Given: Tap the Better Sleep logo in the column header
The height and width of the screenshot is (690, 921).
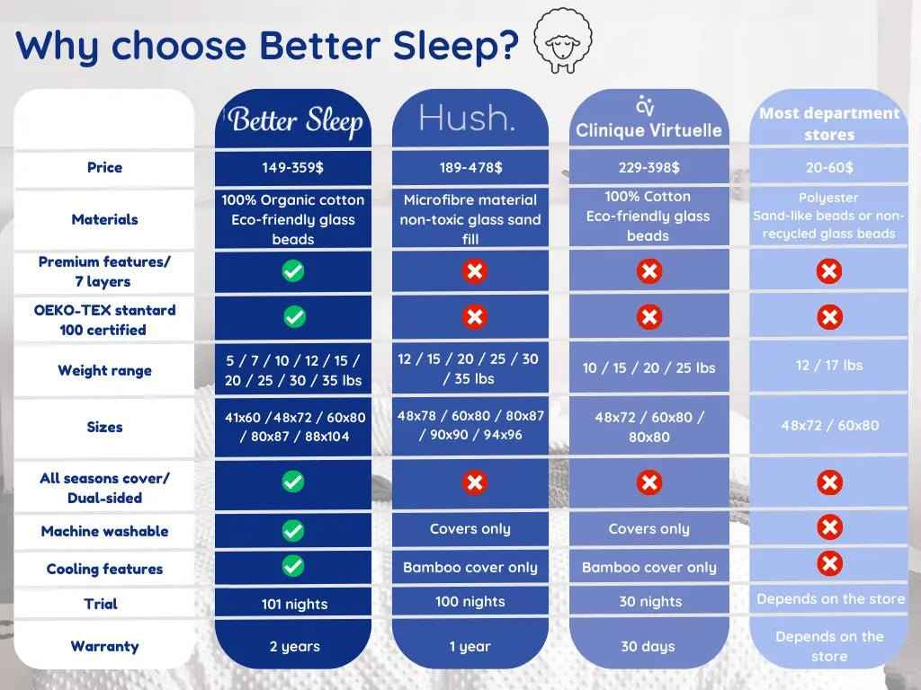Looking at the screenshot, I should tap(294, 121).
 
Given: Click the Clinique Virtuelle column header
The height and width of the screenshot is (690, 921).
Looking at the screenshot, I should tap(648, 121).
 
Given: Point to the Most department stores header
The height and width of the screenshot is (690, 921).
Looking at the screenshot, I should tap(828, 124).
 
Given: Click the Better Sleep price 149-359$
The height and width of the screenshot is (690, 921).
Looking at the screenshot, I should tap(294, 168).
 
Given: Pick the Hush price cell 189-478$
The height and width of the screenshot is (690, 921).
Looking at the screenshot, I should tap(470, 168).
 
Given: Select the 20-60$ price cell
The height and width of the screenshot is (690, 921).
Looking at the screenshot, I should tap(828, 168).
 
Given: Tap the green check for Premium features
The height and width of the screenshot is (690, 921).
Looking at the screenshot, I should tap(293, 270).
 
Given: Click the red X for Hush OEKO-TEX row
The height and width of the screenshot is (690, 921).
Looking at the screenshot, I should tap(475, 317).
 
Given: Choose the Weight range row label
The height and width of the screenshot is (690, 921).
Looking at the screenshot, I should tap(104, 370).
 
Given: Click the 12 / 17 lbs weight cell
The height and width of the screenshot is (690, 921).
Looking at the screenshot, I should tap(828, 366).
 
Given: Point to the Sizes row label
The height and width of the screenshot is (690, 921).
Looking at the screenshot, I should tap(104, 427).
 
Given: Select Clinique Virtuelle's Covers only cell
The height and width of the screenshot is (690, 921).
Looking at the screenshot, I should tap(648, 529).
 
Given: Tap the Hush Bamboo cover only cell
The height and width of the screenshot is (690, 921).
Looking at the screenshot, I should tap(470, 568).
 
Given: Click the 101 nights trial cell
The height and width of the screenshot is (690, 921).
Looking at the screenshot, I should tap(294, 604).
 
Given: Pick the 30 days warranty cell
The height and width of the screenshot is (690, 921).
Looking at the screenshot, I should tap(647, 646).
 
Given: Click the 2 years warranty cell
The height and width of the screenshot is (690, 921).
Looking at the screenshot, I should tap(294, 646).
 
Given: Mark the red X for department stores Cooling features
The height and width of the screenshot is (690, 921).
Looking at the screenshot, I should tap(829, 564).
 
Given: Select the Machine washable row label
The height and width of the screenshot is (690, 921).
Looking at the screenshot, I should tap(104, 531).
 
